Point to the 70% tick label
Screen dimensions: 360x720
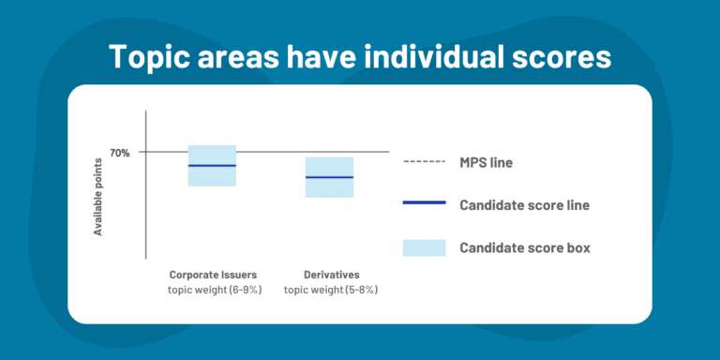[121, 152]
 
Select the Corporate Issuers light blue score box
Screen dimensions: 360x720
[212, 176]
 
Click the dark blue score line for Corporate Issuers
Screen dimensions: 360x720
[212, 165]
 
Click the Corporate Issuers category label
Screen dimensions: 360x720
[213, 275]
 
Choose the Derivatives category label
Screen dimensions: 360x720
[330, 275]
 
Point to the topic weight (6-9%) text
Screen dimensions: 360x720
[213, 290]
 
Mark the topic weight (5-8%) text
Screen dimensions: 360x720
[330, 290]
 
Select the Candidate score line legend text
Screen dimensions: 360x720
[524, 204]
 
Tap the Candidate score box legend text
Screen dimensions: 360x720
[524, 247]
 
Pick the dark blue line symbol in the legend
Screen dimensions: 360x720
[423, 204]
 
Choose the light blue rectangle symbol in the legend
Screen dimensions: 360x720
[423, 247]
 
